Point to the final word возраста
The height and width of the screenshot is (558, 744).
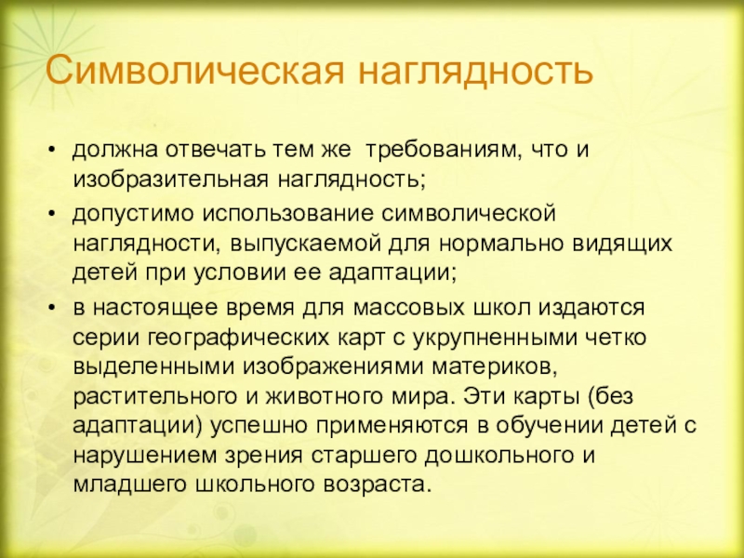374,485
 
